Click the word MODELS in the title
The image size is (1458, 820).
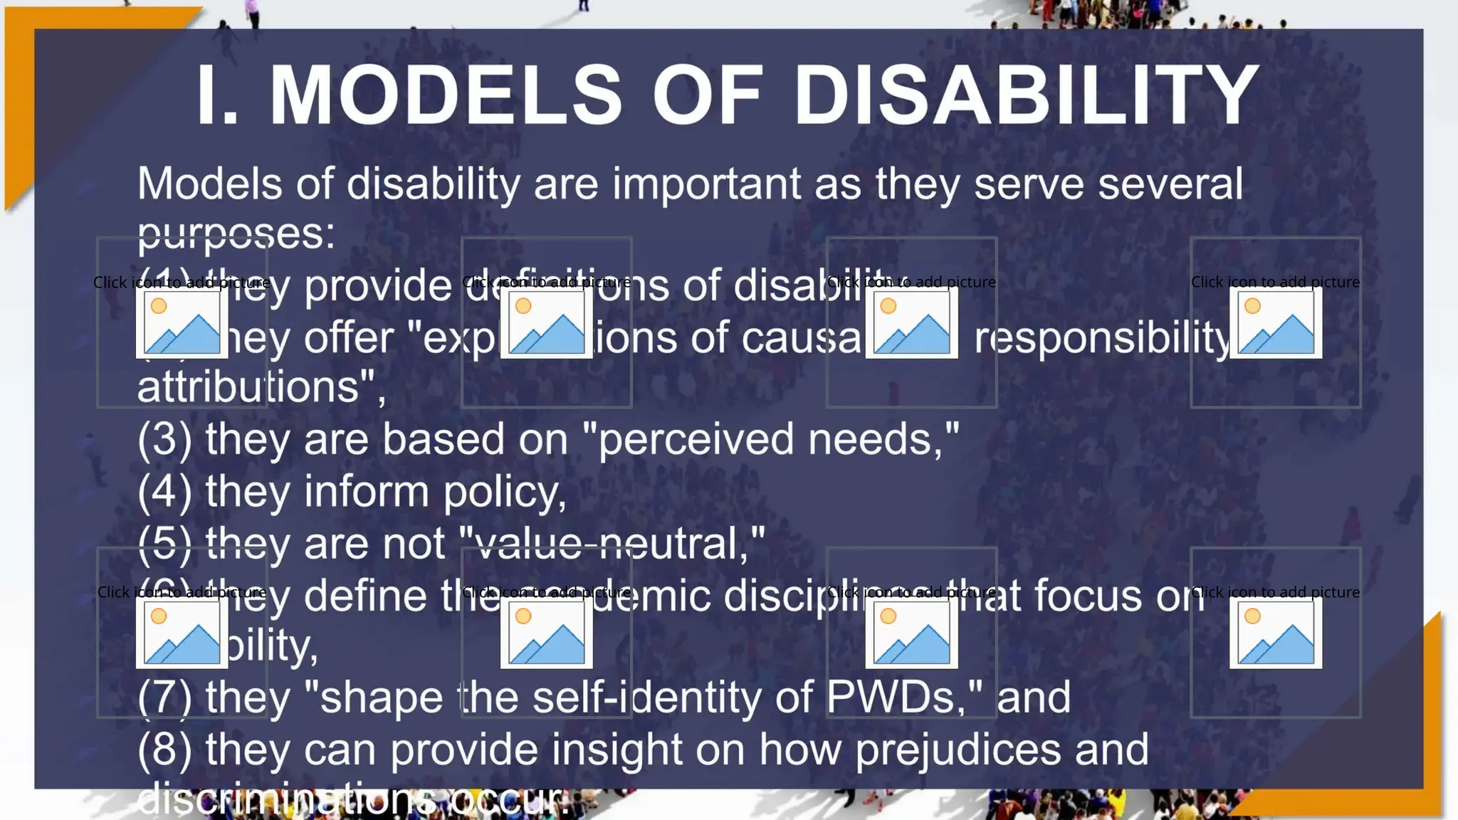[x=446, y=95]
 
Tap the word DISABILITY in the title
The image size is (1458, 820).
[x=1027, y=95]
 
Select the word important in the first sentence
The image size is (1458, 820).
[x=706, y=184]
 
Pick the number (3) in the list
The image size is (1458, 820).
[x=164, y=439]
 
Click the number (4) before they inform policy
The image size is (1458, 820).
[x=164, y=492]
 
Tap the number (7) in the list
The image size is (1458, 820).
[x=164, y=698]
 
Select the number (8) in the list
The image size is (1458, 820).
[x=164, y=750]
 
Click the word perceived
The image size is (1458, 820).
[x=695, y=439]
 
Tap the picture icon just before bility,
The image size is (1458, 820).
[x=182, y=633]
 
